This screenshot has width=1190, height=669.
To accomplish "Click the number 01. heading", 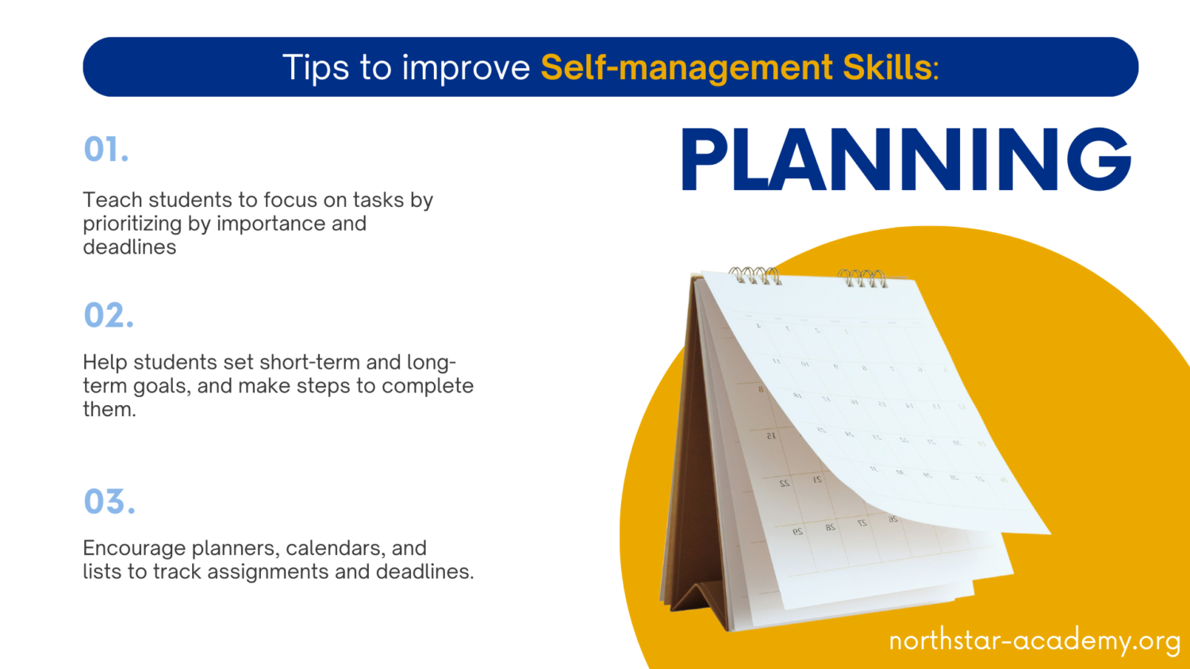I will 106,150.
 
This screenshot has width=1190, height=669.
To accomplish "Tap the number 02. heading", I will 109,315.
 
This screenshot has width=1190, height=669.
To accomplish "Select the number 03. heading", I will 109,502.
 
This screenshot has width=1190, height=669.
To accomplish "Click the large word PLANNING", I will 905,161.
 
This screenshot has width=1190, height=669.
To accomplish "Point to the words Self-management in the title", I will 686,68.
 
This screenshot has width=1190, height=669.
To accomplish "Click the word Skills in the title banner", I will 887,68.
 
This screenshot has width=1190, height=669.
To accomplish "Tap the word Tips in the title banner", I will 316,68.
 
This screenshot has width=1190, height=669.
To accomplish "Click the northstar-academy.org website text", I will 1035,640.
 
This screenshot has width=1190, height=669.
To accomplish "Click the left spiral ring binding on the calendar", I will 754,275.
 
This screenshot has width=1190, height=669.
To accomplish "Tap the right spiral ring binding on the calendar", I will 862,278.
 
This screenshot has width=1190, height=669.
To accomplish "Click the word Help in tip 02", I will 105,362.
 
